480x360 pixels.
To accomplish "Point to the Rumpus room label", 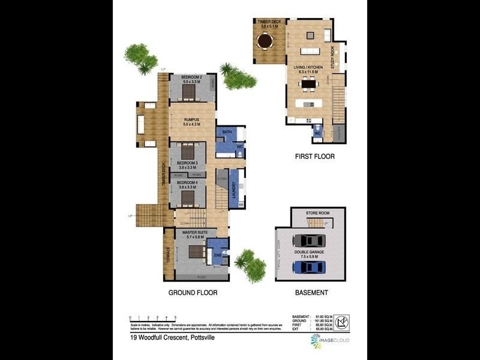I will coord(192,120).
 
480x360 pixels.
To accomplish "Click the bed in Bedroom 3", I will coord(191,152).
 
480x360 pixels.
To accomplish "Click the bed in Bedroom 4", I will coord(191,196).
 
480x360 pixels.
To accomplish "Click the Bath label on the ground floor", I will coord(227,131).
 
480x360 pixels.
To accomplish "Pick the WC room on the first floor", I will coord(317,133).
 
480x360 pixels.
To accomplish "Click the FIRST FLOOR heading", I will coord(314,157).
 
